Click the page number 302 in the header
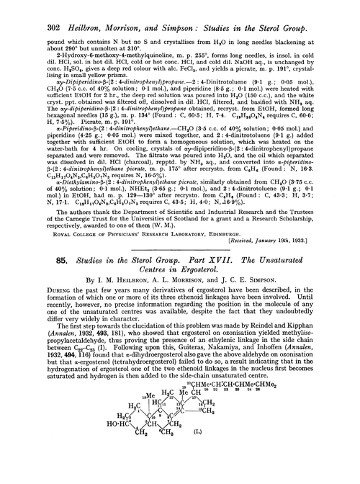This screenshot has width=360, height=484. (31, 9)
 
